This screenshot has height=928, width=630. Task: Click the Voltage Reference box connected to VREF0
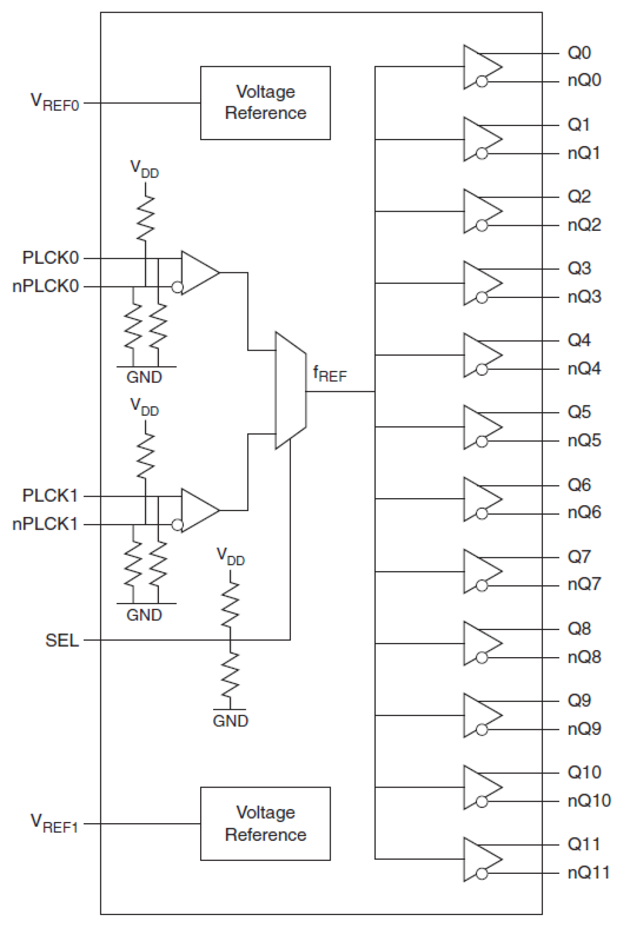(265, 103)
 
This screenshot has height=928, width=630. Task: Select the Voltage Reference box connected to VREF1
(265, 823)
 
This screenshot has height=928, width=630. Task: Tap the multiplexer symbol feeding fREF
(290, 390)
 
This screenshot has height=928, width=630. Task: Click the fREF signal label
(330, 374)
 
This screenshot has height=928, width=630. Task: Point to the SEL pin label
(62, 641)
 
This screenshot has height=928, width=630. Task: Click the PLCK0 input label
(51, 258)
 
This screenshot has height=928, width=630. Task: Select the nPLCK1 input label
(45, 524)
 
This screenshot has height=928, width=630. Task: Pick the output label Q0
(579, 53)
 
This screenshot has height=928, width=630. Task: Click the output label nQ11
(588, 873)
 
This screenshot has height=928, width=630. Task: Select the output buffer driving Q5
(482, 427)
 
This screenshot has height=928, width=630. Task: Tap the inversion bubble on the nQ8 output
(482, 657)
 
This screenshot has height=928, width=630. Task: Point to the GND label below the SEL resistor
(230, 721)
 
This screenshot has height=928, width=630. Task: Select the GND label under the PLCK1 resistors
(144, 615)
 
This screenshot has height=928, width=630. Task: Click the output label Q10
(584, 772)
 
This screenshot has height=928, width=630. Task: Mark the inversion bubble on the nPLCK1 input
(177, 525)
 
